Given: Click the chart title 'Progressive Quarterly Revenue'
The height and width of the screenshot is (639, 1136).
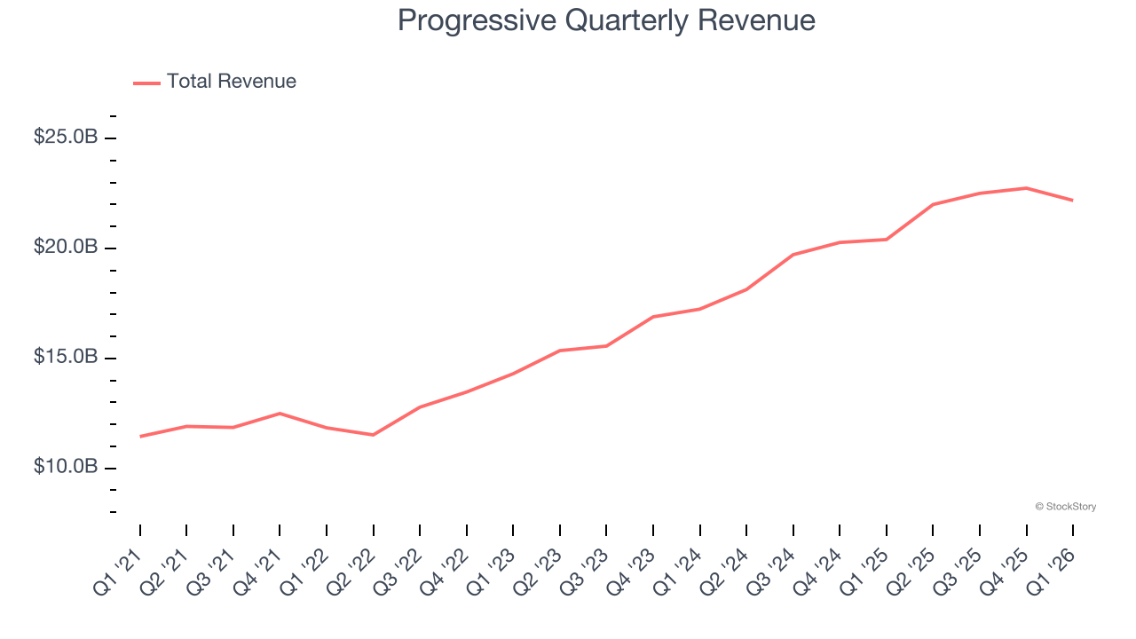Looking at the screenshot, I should pyautogui.click(x=606, y=20).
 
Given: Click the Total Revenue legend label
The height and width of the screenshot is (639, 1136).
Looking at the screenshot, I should pyautogui.click(x=231, y=82).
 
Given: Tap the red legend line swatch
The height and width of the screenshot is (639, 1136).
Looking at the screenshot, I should pyautogui.click(x=146, y=83).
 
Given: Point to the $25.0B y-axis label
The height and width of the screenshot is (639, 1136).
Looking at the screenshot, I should pyautogui.click(x=66, y=138).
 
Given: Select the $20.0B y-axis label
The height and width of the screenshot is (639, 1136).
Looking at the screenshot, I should pyautogui.click(x=66, y=248).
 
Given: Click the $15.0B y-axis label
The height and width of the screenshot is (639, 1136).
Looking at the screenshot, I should pyautogui.click(x=66, y=358).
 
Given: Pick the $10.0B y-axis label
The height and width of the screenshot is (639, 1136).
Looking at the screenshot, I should pyautogui.click(x=66, y=467).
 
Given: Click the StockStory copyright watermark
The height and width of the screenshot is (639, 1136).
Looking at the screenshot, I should pyautogui.click(x=1065, y=507).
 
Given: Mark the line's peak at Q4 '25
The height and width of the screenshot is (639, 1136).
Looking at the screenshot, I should pyautogui.click(x=1026, y=188).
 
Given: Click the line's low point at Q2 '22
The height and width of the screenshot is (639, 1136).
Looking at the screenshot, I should pyautogui.click(x=373, y=435).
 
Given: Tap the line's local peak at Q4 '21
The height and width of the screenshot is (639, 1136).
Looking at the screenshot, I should pyautogui.click(x=280, y=414).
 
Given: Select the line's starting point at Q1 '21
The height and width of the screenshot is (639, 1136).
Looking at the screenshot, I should pyautogui.click(x=140, y=437).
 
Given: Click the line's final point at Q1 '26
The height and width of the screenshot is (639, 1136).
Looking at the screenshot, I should pyautogui.click(x=1072, y=201).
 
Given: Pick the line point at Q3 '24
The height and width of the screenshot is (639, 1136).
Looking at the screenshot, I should pyautogui.click(x=793, y=255).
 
